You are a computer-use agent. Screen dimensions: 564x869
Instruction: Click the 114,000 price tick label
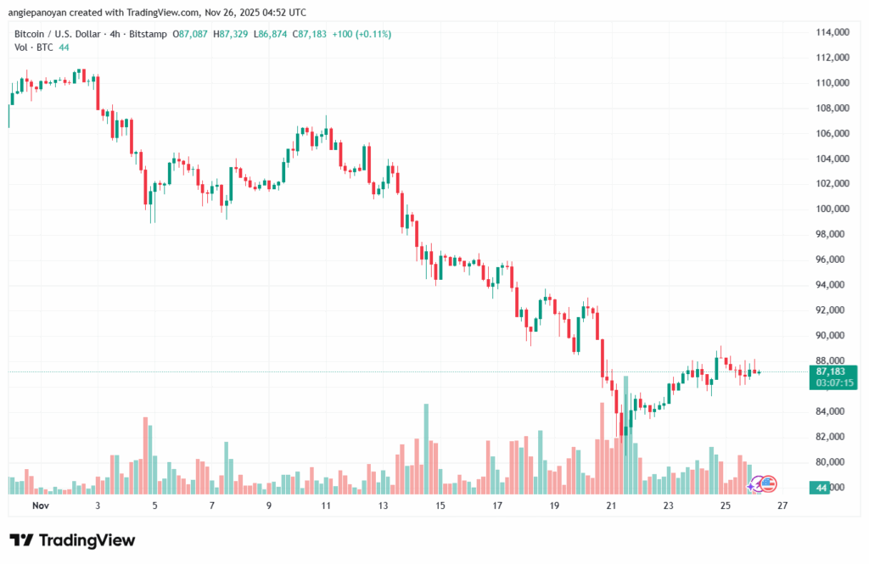point(832,32)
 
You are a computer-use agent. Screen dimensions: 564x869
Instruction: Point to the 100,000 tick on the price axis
point(832,209)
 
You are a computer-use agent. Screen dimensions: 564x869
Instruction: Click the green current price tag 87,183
point(832,371)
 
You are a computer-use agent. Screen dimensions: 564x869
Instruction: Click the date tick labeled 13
point(383,505)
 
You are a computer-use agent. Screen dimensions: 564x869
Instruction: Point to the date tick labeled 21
point(611,505)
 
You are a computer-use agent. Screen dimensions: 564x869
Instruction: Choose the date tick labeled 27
point(782,505)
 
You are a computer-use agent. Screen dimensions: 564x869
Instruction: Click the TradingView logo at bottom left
point(72,540)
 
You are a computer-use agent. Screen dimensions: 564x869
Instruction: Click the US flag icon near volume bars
point(768,484)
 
